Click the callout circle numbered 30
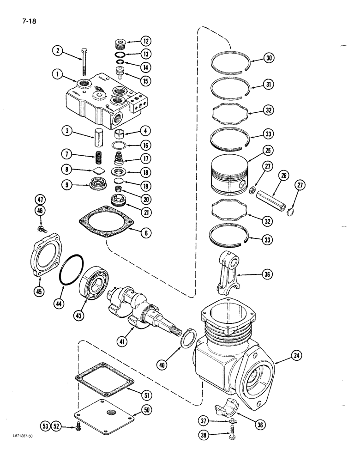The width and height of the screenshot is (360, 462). [x=269, y=58]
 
